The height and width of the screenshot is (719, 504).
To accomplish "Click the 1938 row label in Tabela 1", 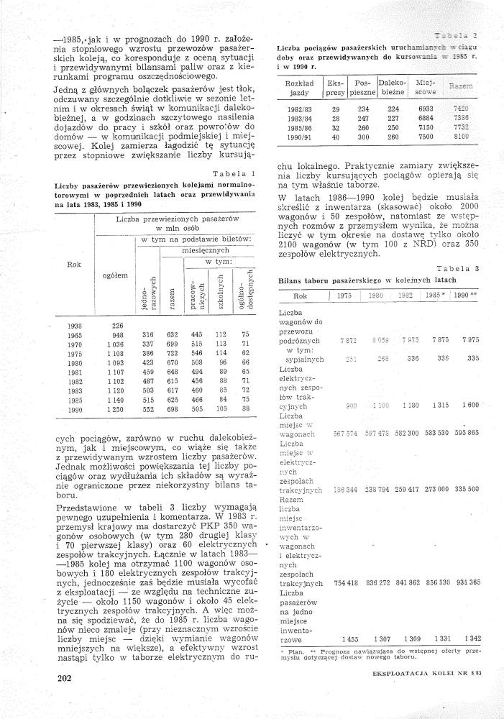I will pos(74,325).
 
